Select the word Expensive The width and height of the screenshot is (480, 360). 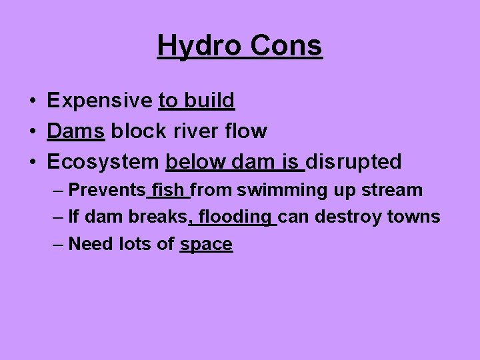[99, 101]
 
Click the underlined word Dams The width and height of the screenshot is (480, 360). [75, 131]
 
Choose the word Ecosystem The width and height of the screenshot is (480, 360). [103, 161]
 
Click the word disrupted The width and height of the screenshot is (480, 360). [353, 161]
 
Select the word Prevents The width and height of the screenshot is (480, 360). [107, 190]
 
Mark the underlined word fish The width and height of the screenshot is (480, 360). [169, 190]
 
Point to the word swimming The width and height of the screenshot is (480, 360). [283, 191]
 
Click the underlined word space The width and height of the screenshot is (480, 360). [206, 245]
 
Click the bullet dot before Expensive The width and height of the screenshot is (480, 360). [32, 101]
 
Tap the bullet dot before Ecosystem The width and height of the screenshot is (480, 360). [32, 162]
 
